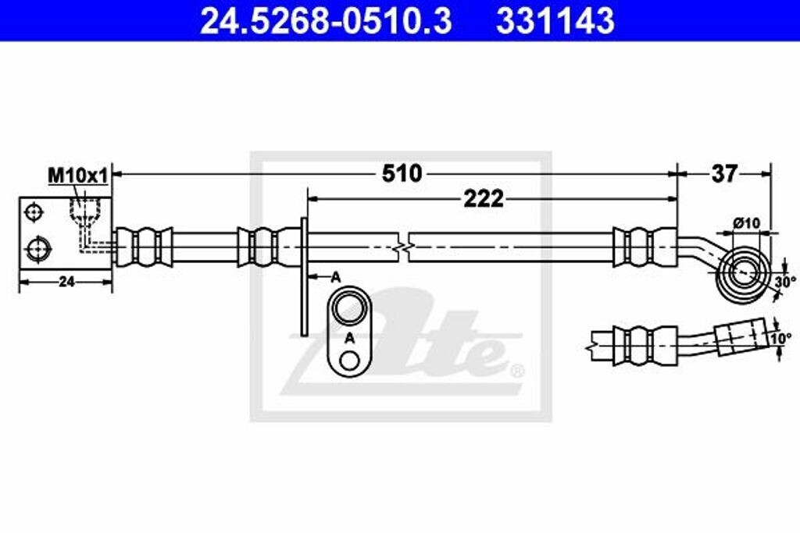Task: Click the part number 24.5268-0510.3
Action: coord(326,21)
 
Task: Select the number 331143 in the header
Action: coord(555,21)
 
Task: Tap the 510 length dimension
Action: coord(402,173)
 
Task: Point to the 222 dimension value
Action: coord(483,199)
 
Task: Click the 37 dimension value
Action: coord(723,173)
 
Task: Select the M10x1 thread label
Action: coord(77,176)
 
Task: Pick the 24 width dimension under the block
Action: coord(66,282)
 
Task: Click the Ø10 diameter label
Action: coord(746,223)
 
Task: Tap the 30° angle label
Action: coord(784,281)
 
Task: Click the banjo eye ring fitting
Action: coord(743,272)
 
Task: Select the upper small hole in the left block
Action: coord(34,212)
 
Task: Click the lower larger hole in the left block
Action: coord(37,249)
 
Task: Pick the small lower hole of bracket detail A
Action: coord(349,361)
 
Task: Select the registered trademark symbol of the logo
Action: coord(516,369)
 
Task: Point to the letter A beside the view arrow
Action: coord(335,276)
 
